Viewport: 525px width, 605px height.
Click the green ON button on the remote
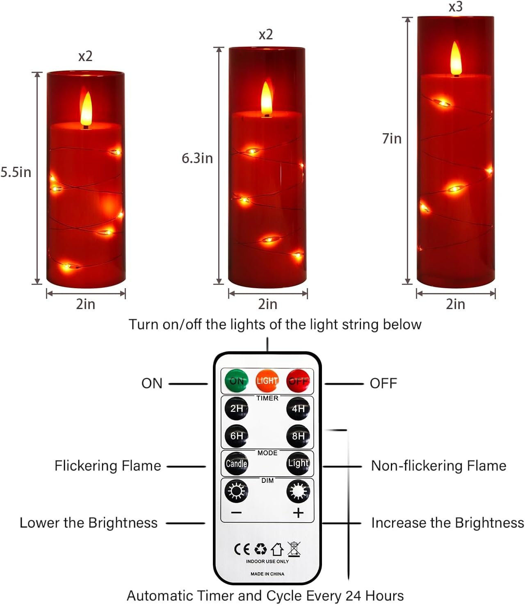pos(236,381)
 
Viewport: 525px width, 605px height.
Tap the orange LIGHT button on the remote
pos(267,381)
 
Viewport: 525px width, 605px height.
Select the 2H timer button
pos(236,409)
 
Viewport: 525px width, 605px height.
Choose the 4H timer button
pos(298,409)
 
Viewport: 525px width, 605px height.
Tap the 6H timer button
pos(236,436)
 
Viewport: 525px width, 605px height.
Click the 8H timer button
pos(298,436)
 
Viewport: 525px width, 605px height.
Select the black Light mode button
pos(298,464)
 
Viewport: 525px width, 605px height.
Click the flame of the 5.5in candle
pos(86,108)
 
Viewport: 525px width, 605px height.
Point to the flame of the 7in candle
pos(456,59)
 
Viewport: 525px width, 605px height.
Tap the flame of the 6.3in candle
pos(267,99)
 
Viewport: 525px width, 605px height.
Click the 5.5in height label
pos(16,172)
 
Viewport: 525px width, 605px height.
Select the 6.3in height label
pos(197,158)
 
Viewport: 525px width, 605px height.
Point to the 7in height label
pos(392,139)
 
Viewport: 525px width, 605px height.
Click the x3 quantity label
pos(456,7)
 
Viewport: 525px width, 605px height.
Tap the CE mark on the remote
pos(242,549)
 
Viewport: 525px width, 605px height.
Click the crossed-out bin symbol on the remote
pos(294,549)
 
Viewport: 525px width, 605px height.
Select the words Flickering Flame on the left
pos(108,466)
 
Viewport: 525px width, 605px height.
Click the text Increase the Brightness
pos(447,523)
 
